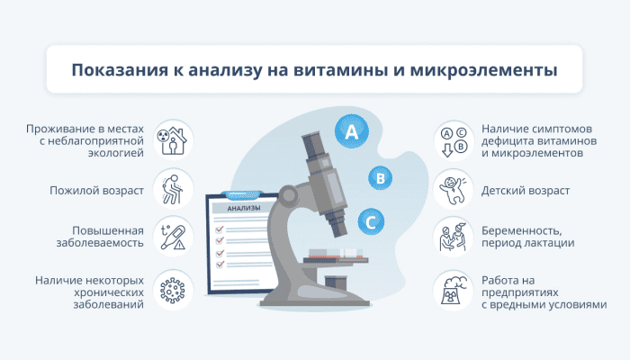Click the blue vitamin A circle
tap(352, 131)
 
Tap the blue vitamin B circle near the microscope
tap(380, 178)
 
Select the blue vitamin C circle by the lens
tap(371, 221)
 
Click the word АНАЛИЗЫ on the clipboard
tap(244, 208)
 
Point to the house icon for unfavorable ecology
tap(173, 140)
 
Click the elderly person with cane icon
tap(173, 189)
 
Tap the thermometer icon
tap(173, 238)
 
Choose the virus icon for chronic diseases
tap(173, 290)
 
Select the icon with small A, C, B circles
tap(454, 141)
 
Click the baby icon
tap(454, 189)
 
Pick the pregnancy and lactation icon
tap(454, 238)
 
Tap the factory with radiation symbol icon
tap(454, 290)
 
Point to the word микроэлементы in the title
tap(483, 69)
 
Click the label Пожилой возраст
tap(97, 191)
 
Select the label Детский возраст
tap(526, 191)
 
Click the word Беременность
tap(521, 231)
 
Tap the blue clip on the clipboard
tap(244, 195)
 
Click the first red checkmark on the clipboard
tap(220, 229)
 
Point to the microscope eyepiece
tap(312, 146)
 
